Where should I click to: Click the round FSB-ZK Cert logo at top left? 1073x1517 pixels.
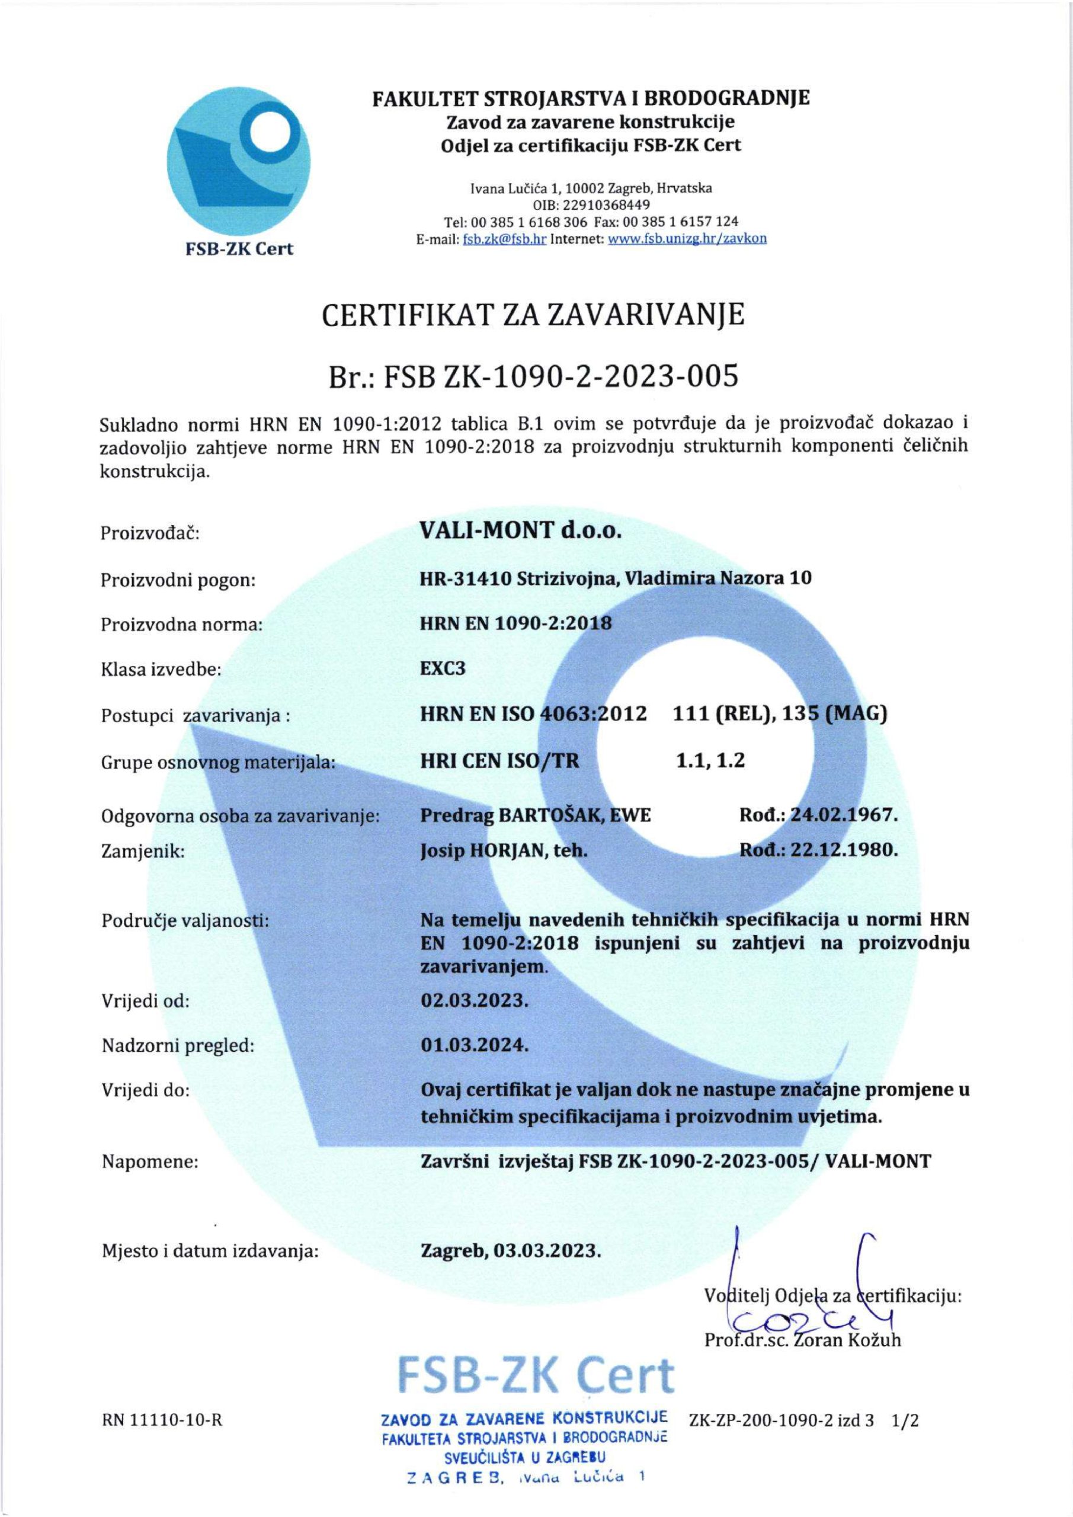pos(240,167)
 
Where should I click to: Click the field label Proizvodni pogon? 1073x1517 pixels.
pos(178,581)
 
